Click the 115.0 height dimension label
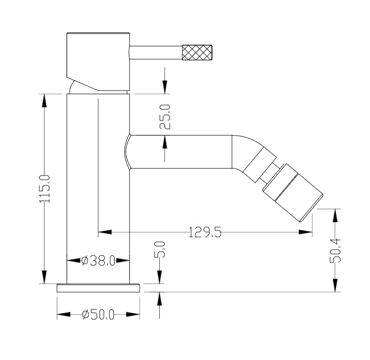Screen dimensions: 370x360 45,189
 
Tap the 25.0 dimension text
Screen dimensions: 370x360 164,117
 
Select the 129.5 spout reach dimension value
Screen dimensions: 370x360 205,232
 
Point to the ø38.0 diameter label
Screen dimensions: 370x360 98,261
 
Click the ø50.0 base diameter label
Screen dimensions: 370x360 98,315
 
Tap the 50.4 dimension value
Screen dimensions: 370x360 335,250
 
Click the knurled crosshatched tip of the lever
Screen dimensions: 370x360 197,52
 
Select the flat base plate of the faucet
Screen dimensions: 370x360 98,288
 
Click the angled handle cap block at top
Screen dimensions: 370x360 98,61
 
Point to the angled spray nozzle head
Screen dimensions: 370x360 293,193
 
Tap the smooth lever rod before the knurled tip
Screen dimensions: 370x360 156,52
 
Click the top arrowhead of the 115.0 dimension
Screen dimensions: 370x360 44,101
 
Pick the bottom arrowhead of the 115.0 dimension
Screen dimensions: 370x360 44,277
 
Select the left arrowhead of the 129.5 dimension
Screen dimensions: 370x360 105,232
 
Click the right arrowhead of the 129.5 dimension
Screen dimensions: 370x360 305,232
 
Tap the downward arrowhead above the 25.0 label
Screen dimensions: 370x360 164,87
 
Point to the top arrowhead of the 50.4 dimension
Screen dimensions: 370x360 335,216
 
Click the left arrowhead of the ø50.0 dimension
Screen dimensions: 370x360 64,315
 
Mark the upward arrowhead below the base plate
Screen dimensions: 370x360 160,299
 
